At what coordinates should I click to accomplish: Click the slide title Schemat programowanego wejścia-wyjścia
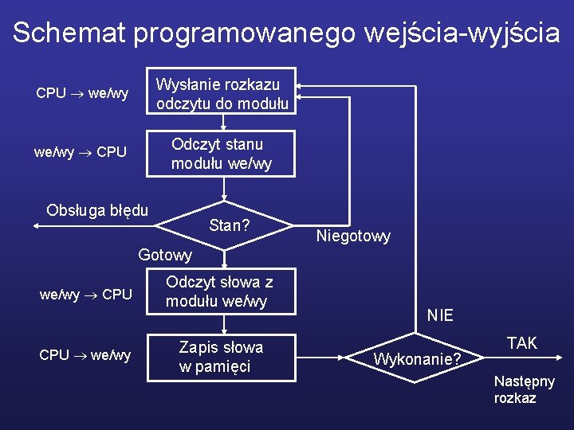pyautogui.click(x=286, y=32)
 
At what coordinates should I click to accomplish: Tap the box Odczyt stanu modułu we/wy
pyautogui.click(x=222, y=154)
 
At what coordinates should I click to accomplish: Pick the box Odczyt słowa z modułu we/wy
pyautogui.click(x=219, y=291)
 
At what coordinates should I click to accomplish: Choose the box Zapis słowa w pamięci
pyautogui.click(x=221, y=357)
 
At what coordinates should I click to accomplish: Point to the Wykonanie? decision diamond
pyautogui.click(x=417, y=359)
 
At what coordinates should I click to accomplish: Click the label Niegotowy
pyautogui.click(x=353, y=236)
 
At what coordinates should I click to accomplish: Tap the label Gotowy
pyautogui.click(x=165, y=255)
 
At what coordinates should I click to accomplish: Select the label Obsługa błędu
pyautogui.click(x=97, y=210)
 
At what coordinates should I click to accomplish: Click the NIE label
pyautogui.click(x=440, y=315)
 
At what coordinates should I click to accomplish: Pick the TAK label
pyautogui.click(x=522, y=343)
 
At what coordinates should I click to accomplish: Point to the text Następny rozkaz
pyautogui.click(x=524, y=390)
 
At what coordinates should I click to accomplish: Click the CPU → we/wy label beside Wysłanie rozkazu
pyautogui.click(x=82, y=93)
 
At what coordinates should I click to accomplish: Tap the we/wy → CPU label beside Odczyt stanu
pyautogui.click(x=80, y=151)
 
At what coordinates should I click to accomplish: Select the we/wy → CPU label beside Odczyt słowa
pyautogui.click(x=85, y=294)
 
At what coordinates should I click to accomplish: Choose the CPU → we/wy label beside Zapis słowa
pyautogui.click(x=85, y=355)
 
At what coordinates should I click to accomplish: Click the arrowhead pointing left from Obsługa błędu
pyautogui.click(x=37, y=226)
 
